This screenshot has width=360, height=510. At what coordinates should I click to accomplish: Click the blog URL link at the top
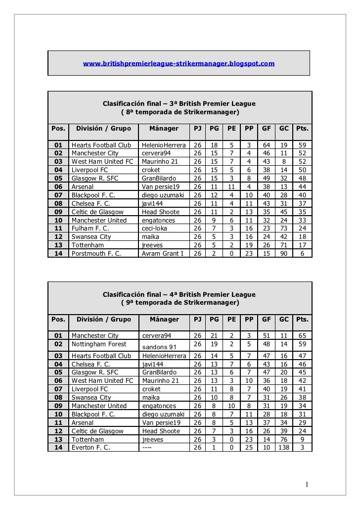tap(179, 64)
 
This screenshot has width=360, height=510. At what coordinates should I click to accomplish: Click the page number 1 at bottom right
tap(307, 484)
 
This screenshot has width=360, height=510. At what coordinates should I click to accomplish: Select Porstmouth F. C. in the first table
tap(96, 254)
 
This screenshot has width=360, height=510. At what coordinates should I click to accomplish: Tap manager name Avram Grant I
tap(163, 254)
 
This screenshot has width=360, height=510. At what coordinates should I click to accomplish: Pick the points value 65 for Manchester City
tap(302, 336)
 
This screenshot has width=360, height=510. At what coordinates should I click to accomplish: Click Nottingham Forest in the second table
tap(99, 344)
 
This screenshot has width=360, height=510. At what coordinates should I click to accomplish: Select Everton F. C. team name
tap(91, 447)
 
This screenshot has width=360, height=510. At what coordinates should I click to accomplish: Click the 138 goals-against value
tap(284, 447)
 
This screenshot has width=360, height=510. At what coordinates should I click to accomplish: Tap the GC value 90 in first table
tap(284, 254)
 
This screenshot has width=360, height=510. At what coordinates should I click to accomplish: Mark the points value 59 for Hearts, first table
tap(302, 145)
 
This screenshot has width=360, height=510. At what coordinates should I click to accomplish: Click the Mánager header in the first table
tap(164, 129)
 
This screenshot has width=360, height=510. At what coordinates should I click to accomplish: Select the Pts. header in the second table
tap(302, 320)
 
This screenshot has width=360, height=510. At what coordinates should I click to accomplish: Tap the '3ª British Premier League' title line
tap(179, 104)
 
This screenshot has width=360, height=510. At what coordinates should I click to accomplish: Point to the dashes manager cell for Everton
tap(147, 447)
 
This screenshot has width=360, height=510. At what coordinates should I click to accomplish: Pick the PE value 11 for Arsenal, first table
tap(231, 187)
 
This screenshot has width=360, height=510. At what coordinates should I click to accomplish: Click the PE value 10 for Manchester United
tap(231, 406)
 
